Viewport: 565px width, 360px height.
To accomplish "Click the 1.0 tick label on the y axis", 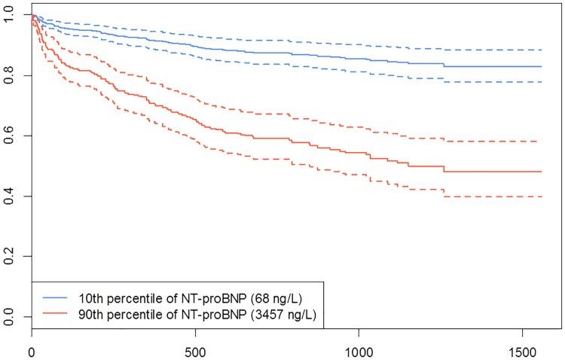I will click(8, 15).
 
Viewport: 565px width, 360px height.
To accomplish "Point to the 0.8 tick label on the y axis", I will click(8, 75).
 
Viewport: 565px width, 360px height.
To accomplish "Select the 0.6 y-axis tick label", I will click(8, 136).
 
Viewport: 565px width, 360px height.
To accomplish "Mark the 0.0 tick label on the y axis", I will click(8, 316).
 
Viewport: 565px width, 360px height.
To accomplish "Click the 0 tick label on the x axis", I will click(32, 349).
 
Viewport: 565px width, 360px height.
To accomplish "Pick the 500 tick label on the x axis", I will click(195, 349).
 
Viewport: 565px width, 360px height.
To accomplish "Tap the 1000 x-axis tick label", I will click(359, 349).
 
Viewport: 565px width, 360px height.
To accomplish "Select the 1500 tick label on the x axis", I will click(522, 349).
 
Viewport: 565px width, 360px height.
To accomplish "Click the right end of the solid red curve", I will click(541, 172).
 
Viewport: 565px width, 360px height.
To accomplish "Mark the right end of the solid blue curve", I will click(541, 66).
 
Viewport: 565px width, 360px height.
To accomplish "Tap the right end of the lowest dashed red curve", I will click(541, 197).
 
